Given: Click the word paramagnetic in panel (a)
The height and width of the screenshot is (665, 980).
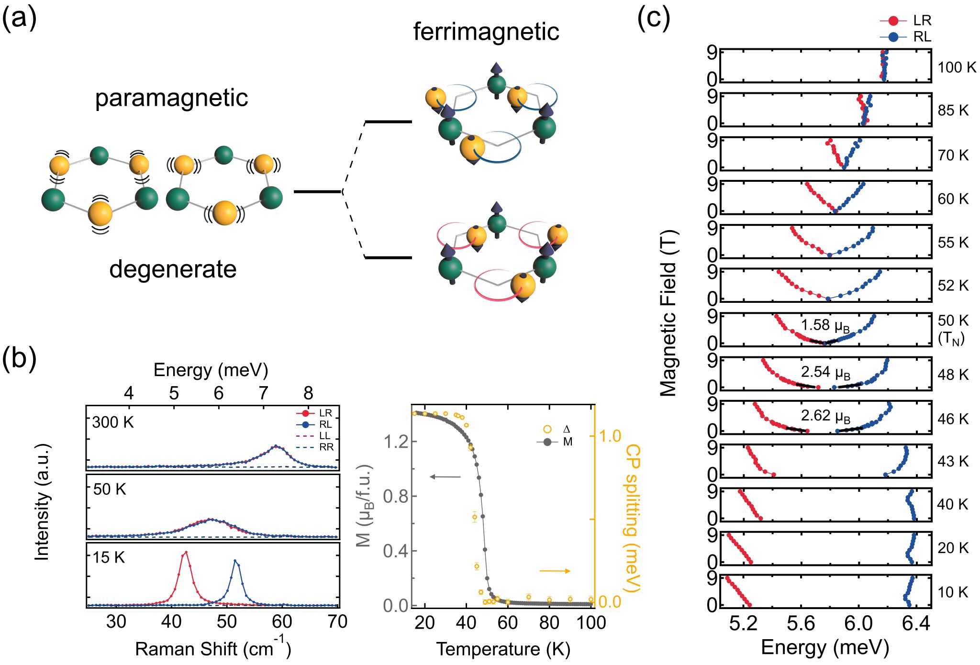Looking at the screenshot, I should pos(171,98).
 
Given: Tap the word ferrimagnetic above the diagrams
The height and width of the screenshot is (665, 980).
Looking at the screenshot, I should pos(486,32).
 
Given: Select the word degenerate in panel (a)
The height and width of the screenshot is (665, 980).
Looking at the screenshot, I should pos(173,269).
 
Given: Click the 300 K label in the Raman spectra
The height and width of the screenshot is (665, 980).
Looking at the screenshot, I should pos(113,422).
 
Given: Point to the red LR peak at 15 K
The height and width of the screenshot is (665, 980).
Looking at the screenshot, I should pos(186,553).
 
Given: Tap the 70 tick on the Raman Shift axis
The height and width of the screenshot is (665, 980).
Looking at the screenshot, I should pos(337,621).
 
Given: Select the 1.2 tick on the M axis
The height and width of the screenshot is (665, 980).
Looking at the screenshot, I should pos(396,442).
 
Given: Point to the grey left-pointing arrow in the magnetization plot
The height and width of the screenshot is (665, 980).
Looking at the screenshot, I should pos(445,477).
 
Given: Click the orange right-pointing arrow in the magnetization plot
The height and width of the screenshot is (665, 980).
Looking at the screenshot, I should pos(555,571).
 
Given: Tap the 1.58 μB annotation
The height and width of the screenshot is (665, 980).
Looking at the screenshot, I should pos(825,326).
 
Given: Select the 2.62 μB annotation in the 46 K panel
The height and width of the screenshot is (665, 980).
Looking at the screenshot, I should pos(825,416).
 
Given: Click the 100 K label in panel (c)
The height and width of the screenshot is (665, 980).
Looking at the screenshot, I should pos(957,67).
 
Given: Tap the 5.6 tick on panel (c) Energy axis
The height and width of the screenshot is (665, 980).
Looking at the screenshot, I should pos(801,623).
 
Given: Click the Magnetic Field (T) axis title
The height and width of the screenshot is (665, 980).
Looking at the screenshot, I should pos(668,313).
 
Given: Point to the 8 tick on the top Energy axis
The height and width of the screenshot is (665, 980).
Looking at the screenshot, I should pos(308,393).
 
